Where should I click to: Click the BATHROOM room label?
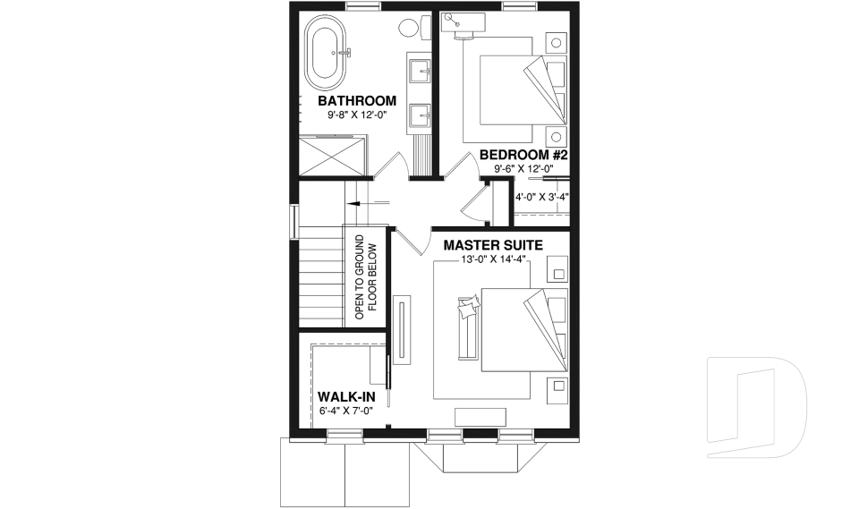pos(356,100)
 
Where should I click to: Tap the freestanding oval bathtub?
pos(327,53)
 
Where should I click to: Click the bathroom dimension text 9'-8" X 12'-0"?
pos(356,115)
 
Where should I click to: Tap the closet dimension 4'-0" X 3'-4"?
pos(542,197)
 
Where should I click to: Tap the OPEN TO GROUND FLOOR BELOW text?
pos(365,278)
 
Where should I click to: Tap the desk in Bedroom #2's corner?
pos(460,27)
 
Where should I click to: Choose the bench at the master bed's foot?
pos(466,329)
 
